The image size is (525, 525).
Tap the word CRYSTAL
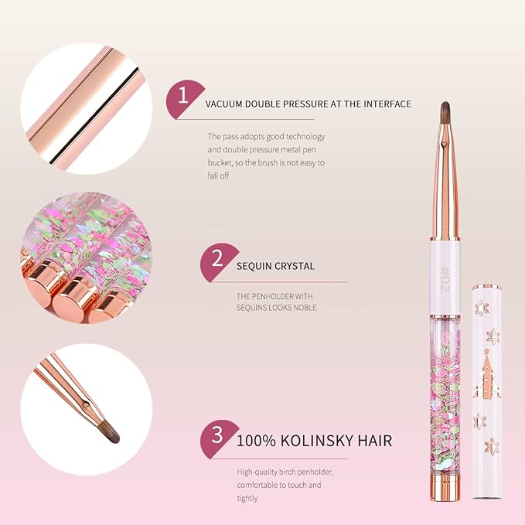[295, 266]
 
